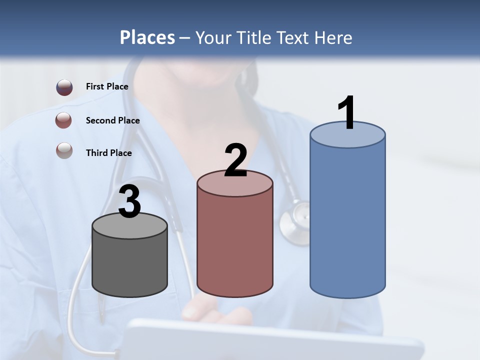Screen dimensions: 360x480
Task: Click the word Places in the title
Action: [x=147, y=37]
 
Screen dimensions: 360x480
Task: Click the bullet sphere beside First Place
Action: [x=64, y=87]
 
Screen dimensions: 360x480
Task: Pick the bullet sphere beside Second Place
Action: [x=64, y=120]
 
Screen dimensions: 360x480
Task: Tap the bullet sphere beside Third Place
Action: [x=64, y=150]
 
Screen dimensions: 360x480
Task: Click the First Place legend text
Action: [x=107, y=86]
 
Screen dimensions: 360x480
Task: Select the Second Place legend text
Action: [x=112, y=120]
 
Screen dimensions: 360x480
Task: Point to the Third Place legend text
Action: [x=108, y=153]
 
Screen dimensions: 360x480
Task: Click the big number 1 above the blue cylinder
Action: [x=347, y=113]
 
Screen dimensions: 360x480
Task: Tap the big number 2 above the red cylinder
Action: [x=236, y=160]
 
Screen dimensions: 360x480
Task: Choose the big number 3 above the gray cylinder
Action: [x=130, y=202]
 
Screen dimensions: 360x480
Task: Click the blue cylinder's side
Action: [x=347, y=220]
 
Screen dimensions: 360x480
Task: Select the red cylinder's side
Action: [x=235, y=245]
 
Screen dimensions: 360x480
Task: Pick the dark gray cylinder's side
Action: [x=130, y=265]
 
